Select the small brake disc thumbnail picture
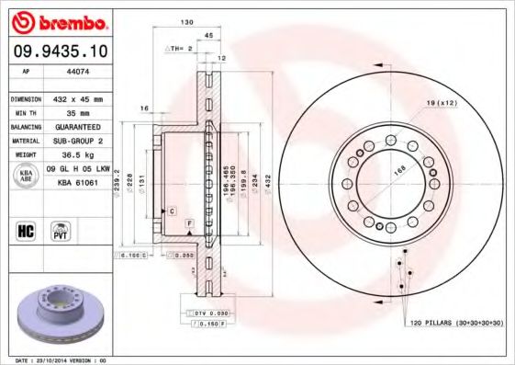59,313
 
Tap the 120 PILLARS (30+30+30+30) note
443,325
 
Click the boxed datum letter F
188,223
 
